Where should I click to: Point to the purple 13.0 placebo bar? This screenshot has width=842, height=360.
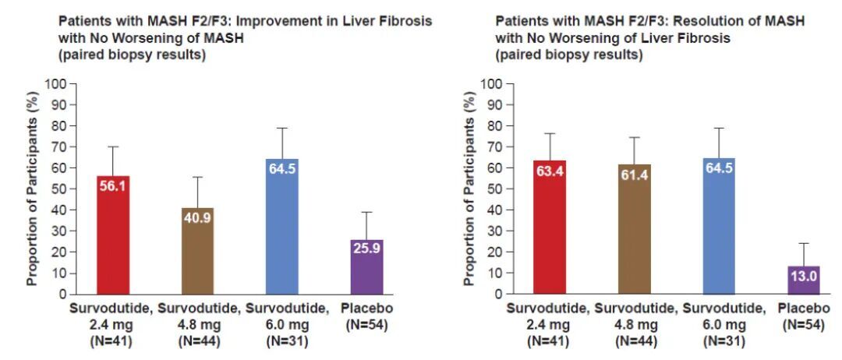tap(804, 281)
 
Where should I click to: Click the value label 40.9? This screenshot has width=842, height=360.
tap(197, 218)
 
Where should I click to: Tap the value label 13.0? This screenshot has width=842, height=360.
tap(804, 275)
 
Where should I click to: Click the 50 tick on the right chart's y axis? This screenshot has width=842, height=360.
tap(497, 189)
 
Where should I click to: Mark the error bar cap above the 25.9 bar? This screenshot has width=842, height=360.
tap(366, 212)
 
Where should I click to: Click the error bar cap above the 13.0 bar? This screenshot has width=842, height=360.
tap(804, 243)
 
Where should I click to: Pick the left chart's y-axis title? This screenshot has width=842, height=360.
tap(32, 189)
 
